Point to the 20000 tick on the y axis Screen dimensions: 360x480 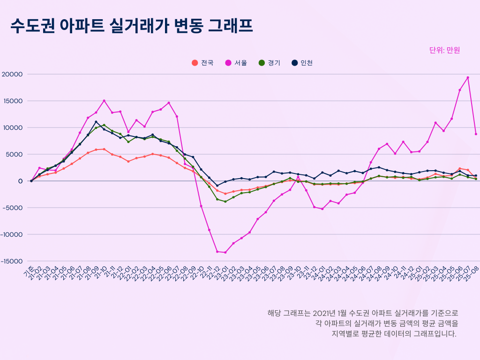pos(12,74)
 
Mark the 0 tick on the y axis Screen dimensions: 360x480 pos(21,181)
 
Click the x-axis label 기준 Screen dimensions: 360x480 pos(29,270)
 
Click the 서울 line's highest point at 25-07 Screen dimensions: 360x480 pos(468,78)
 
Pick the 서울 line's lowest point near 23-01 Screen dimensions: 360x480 pos(225,253)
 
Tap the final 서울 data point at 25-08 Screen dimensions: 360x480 pos(476,134)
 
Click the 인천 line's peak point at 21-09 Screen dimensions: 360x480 pos(96,122)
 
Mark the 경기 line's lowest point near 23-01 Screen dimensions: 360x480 pos(225,202)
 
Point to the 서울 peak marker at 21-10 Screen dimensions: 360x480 pos(104,101)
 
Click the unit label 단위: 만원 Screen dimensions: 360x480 pos(445,50)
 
